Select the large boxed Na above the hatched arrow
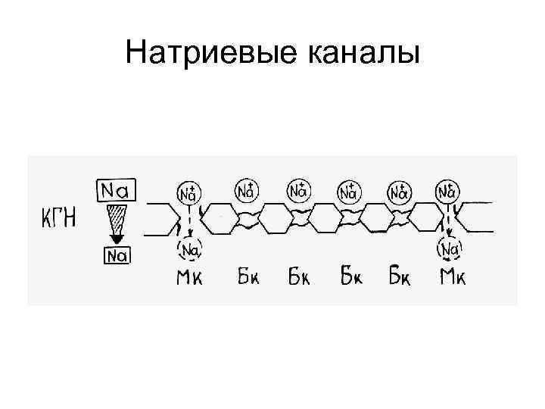[116, 190]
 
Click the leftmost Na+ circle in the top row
[188, 193]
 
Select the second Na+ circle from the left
[245, 190]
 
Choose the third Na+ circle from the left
[297, 190]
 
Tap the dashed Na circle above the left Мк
[189, 248]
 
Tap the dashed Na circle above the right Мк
[452, 248]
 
